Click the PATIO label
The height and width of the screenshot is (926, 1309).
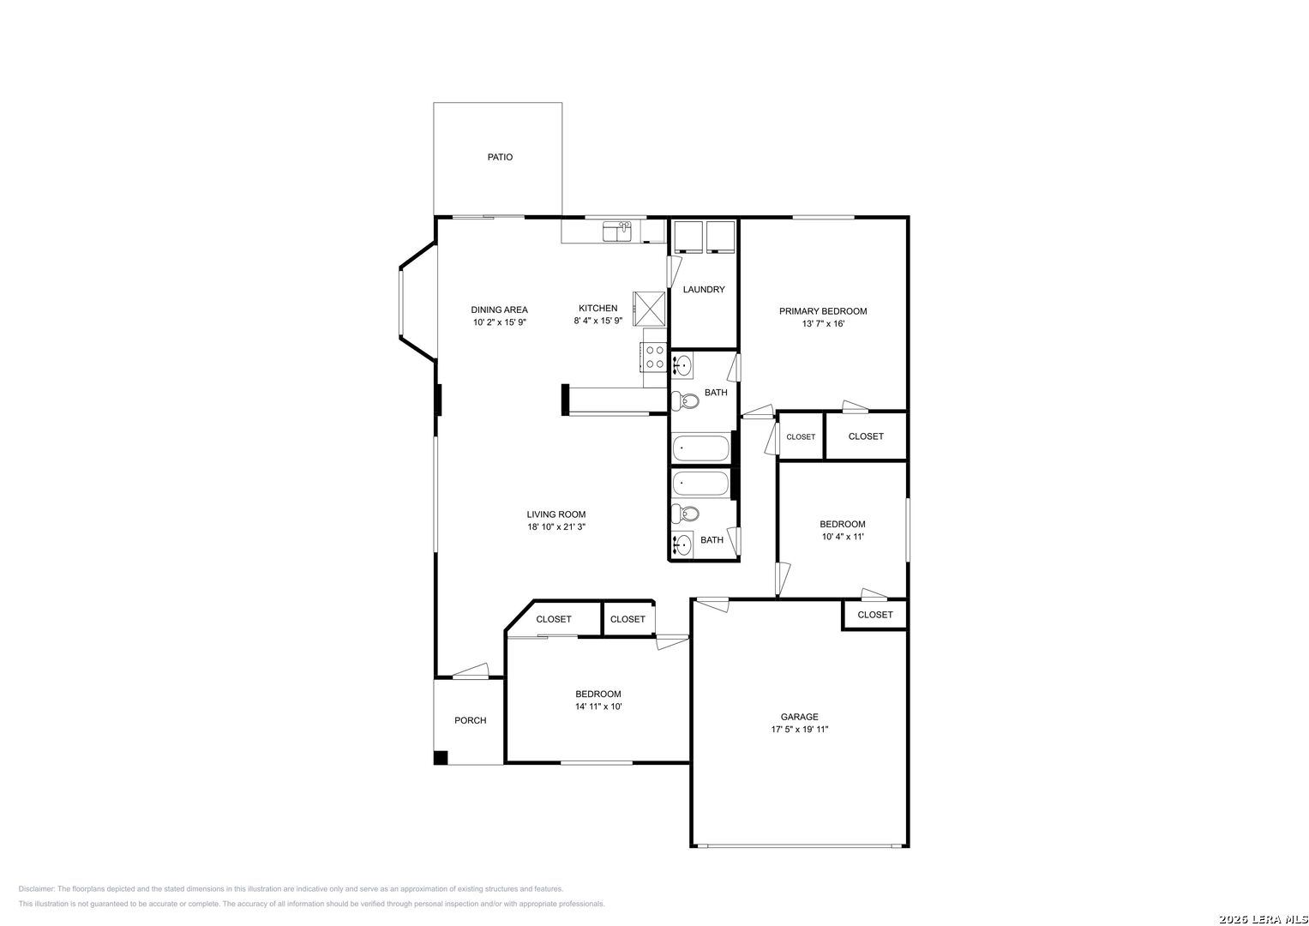point(500,157)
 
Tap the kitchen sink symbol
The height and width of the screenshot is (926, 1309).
point(617,231)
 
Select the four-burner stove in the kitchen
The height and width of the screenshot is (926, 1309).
point(655,358)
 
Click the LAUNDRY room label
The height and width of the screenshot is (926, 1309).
point(704,290)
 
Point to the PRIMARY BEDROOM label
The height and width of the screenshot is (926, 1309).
point(823,311)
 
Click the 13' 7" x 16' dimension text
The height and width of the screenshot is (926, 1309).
point(823,324)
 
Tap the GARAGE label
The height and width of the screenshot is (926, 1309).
point(800,717)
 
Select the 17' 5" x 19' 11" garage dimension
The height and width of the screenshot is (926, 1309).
point(800,729)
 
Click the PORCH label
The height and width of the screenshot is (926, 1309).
point(471,720)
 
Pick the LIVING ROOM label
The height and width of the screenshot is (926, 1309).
point(556,514)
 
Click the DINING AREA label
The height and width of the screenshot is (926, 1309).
point(500,310)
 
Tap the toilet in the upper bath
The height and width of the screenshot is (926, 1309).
point(685,401)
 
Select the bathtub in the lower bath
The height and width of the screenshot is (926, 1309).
point(700,484)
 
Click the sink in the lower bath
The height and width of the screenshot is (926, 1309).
point(682,544)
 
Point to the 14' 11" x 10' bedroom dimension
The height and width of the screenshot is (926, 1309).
point(598,707)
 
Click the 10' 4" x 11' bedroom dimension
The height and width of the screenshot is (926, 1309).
point(843,537)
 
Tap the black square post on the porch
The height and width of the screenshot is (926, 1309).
point(441,758)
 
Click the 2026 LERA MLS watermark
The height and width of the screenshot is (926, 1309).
point(1263,919)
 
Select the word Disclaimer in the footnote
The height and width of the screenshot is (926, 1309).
point(36,889)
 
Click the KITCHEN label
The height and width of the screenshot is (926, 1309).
point(597,308)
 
